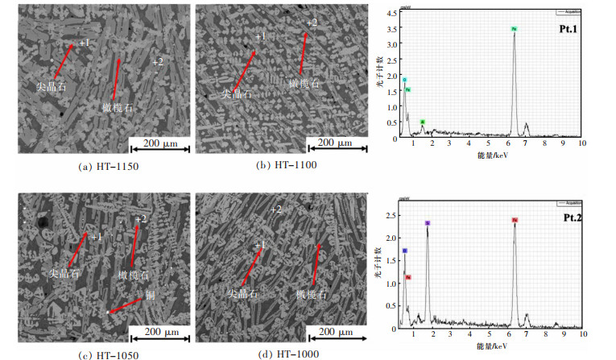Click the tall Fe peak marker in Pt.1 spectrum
click(514, 29)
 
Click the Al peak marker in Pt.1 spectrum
click(422, 122)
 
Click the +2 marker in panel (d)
click(275, 209)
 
